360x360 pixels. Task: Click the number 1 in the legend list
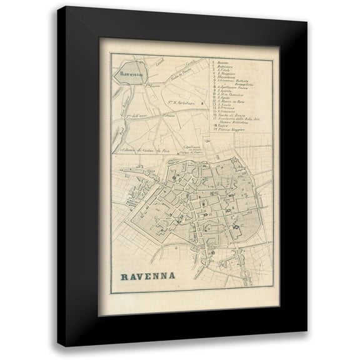(214, 62)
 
